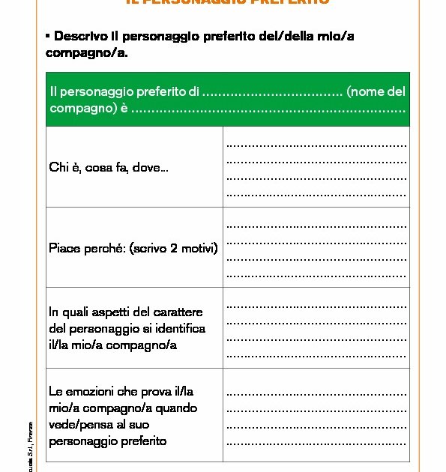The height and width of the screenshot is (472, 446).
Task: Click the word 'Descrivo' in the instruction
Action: tap(79, 36)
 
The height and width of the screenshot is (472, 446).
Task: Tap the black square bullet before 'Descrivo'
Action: tap(48, 35)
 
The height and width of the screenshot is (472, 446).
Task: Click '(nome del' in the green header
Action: tap(376, 92)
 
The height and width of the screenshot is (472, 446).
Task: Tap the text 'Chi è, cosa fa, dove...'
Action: tap(109, 168)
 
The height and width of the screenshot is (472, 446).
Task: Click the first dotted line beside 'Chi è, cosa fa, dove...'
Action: tap(316, 144)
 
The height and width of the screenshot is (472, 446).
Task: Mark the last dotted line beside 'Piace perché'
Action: tap(316, 274)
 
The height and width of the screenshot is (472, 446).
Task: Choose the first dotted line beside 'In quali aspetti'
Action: tap(316, 305)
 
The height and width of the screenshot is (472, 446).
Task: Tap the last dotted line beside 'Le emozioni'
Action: tap(316, 443)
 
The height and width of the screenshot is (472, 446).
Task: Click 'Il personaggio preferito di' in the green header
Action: tap(124, 92)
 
